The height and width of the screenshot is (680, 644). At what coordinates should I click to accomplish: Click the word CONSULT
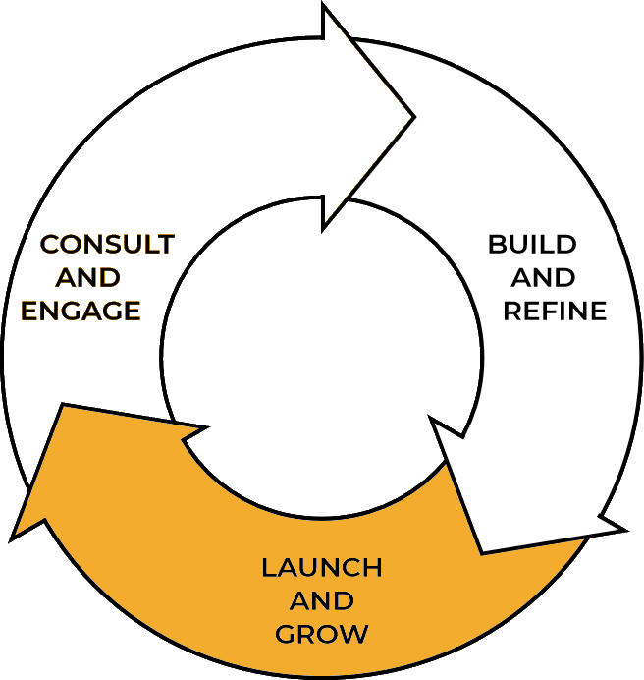pyautogui.click(x=107, y=243)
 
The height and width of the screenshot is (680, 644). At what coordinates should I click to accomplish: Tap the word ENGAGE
pyautogui.click(x=81, y=311)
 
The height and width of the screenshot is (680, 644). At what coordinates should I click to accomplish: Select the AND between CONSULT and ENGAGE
pyautogui.click(x=89, y=277)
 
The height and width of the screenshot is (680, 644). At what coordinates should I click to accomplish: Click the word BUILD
pyautogui.click(x=531, y=244)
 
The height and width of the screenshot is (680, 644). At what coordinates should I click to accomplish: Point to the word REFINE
pyautogui.click(x=555, y=312)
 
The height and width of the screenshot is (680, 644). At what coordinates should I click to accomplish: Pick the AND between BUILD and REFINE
pyautogui.click(x=540, y=278)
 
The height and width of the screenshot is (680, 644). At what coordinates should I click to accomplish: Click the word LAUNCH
pyautogui.click(x=321, y=568)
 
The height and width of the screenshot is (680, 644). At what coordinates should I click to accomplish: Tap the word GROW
pyautogui.click(x=322, y=633)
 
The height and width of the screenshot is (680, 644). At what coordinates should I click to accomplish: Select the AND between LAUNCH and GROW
pyautogui.click(x=322, y=600)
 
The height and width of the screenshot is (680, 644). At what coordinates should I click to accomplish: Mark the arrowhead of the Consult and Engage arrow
pyautogui.click(x=368, y=113)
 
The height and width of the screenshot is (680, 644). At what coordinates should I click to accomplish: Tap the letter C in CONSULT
pyautogui.click(x=49, y=243)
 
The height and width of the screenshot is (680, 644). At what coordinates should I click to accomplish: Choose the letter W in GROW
pyautogui.click(x=354, y=633)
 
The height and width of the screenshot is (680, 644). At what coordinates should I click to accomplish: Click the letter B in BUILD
pyautogui.click(x=498, y=244)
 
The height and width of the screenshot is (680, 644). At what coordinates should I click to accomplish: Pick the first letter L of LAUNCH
pyautogui.click(x=267, y=568)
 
